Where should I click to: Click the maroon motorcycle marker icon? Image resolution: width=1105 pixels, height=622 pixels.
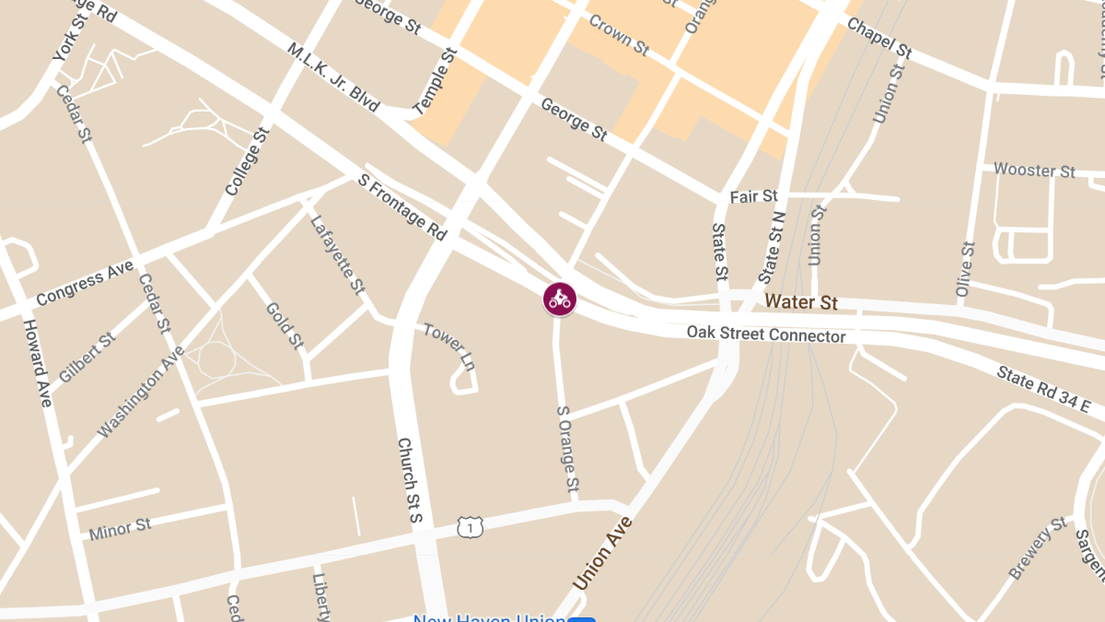559,299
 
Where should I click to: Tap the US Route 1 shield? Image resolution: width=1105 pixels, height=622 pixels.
471,527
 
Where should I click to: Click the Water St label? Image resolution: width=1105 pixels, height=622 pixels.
801,301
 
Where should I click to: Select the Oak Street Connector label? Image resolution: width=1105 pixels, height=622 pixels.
766,334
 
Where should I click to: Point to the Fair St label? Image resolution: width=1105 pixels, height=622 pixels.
753,197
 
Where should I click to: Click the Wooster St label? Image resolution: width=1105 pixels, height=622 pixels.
1034,170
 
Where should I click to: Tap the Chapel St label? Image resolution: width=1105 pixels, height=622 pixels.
878,39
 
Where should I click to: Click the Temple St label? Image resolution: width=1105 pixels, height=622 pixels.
436,82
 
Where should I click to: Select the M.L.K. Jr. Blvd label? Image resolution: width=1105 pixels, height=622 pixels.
333,77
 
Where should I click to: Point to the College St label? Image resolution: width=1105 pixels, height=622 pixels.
246,161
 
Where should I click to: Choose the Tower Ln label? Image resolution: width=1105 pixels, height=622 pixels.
449,346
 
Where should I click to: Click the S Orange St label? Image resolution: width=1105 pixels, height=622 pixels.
568,448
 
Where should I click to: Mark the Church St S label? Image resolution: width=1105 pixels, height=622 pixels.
409,480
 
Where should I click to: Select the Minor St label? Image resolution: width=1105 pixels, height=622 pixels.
120,530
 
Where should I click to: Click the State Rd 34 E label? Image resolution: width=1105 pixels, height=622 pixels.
1043,389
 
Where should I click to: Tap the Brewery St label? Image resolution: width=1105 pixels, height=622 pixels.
1039,549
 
